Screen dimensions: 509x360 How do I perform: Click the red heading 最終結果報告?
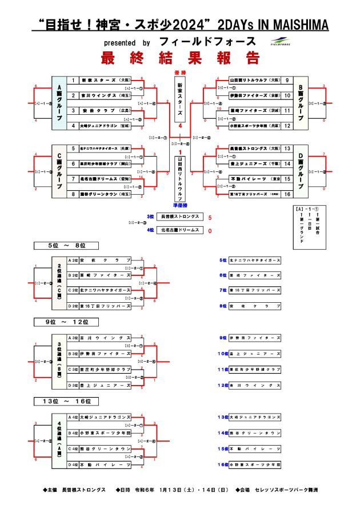(x=181, y=58)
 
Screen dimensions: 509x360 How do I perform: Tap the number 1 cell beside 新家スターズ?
(x=73, y=81)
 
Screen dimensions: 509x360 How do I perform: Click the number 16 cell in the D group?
(x=286, y=194)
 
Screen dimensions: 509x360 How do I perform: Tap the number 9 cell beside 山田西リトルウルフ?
(x=286, y=81)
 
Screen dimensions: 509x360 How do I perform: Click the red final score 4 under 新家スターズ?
(x=180, y=125)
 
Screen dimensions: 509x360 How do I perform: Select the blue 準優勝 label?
(x=180, y=203)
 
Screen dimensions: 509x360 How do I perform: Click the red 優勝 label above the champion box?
(x=180, y=73)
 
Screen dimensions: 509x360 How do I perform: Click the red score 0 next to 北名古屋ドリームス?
(x=210, y=230)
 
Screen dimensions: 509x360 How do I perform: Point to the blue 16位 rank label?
(x=223, y=466)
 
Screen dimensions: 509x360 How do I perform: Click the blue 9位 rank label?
(x=223, y=338)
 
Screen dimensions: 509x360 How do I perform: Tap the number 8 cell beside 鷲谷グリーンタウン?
(x=73, y=194)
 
